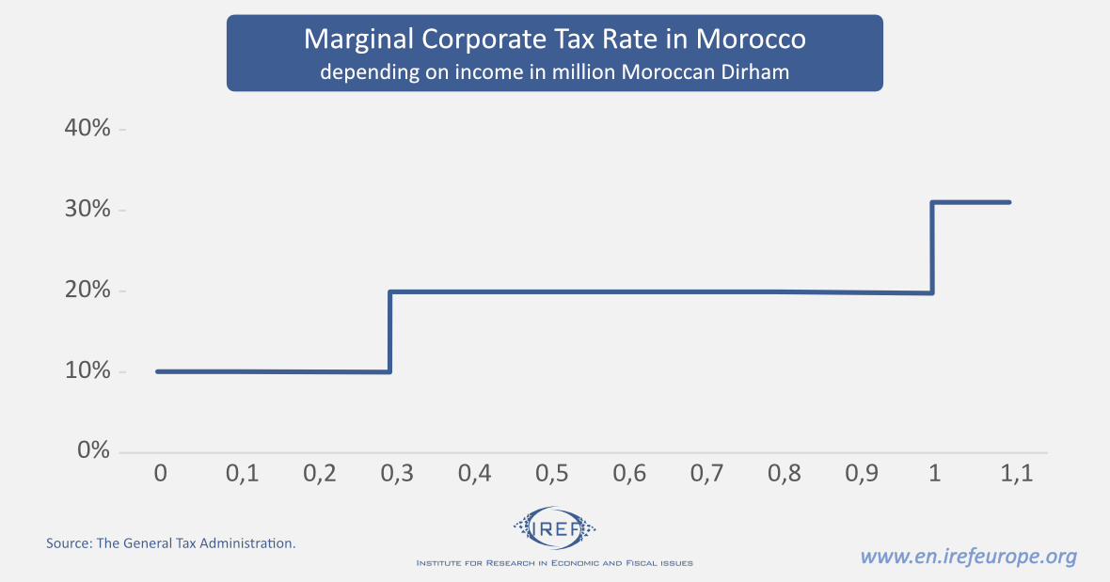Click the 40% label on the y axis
(x=87, y=129)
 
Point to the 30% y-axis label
(x=87, y=210)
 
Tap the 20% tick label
(x=87, y=291)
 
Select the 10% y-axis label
(x=87, y=371)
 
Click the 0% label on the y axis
(x=93, y=451)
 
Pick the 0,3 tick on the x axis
(x=397, y=474)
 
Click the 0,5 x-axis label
(x=552, y=474)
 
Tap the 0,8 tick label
(x=785, y=474)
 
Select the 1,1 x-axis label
(x=1017, y=474)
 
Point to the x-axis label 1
(x=934, y=474)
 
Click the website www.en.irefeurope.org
(x=968, y=556)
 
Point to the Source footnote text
(x=171, y=543)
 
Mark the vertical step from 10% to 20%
(x=389, y=331)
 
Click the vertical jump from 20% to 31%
(x=932, y=247)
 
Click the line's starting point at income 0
(x=158, y=371)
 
